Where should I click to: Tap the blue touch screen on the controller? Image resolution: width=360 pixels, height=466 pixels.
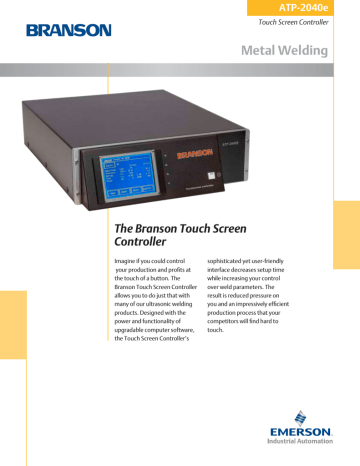pyautogui.click(x=124, y=177)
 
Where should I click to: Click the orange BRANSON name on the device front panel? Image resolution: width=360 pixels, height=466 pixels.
pyautogui.click(x=195, y=155)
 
